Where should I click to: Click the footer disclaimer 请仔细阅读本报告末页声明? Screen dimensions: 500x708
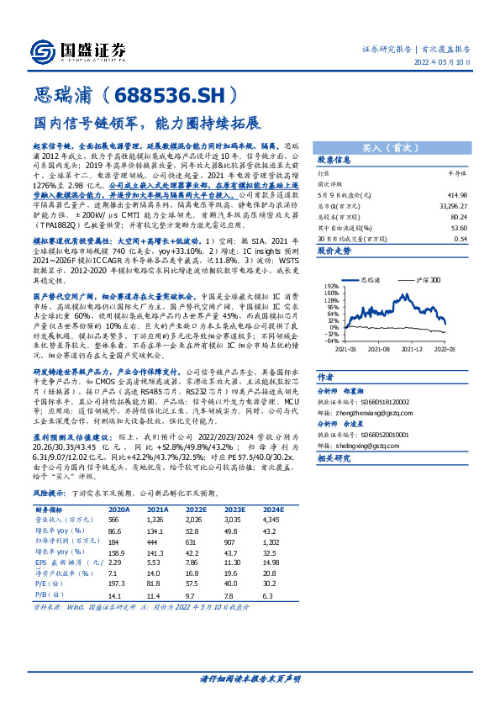point(250,678)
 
